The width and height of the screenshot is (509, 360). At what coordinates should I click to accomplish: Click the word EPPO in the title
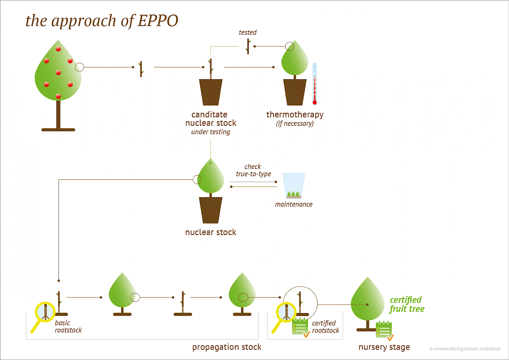click(x=158, y=21)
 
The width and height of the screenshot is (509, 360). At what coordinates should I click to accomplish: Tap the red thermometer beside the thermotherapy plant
click(x=314, y=84)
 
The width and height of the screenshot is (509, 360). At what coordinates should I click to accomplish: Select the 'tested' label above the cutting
click(x=247, y=33)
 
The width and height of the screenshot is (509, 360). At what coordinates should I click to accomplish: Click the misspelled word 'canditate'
click(x=209, y=115)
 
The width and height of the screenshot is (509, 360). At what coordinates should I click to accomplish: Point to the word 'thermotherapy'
click(x=295, y=115)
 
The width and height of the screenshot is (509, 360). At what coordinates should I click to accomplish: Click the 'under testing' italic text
click(x=210, y=132)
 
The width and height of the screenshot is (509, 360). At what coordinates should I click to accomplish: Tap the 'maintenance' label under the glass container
click(x=293, y=204)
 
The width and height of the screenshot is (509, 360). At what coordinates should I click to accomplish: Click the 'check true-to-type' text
click(x=253, y=170)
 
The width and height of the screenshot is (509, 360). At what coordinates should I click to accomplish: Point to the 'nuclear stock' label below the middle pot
click(x=210, y=232)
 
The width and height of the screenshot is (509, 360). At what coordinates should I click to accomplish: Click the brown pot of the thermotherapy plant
click(x=295, y=92)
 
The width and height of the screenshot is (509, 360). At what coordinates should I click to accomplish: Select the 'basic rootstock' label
click(x=68, y=327)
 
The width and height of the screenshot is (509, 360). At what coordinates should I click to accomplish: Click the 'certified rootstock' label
click(x=325, y=327)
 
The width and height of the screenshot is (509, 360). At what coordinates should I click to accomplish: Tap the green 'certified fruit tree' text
click(x=407, y=305)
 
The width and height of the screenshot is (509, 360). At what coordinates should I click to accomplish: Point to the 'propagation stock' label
click(x=227, y=347)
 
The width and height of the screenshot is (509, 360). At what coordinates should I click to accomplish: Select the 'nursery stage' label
click(x=384, y=347)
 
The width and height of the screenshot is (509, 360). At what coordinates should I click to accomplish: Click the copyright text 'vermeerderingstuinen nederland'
click(x=467, y=349)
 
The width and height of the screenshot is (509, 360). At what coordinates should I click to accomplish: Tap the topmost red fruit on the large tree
click(x=58, y=49)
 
